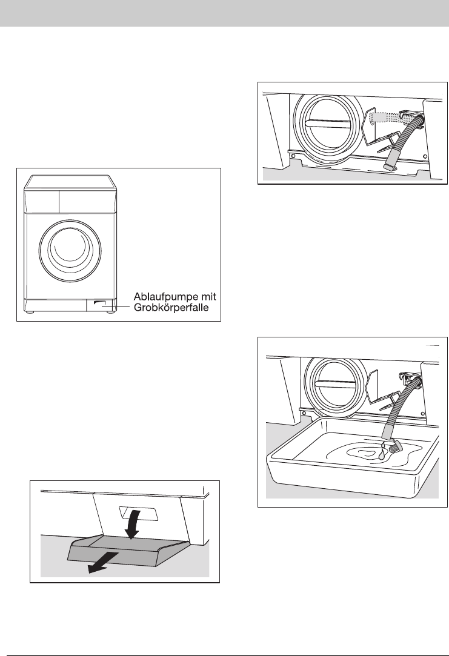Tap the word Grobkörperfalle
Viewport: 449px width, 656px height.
click(171, 308)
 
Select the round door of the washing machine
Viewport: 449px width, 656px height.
click(70, 250)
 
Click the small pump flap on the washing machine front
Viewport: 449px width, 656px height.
click(101, 305)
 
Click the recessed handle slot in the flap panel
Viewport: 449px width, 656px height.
click(139, 513)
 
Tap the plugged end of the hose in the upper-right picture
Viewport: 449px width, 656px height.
click(389, 166)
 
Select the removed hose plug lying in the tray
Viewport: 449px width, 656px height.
click(395, 446)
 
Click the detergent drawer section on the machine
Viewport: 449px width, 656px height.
click(41, 201)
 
